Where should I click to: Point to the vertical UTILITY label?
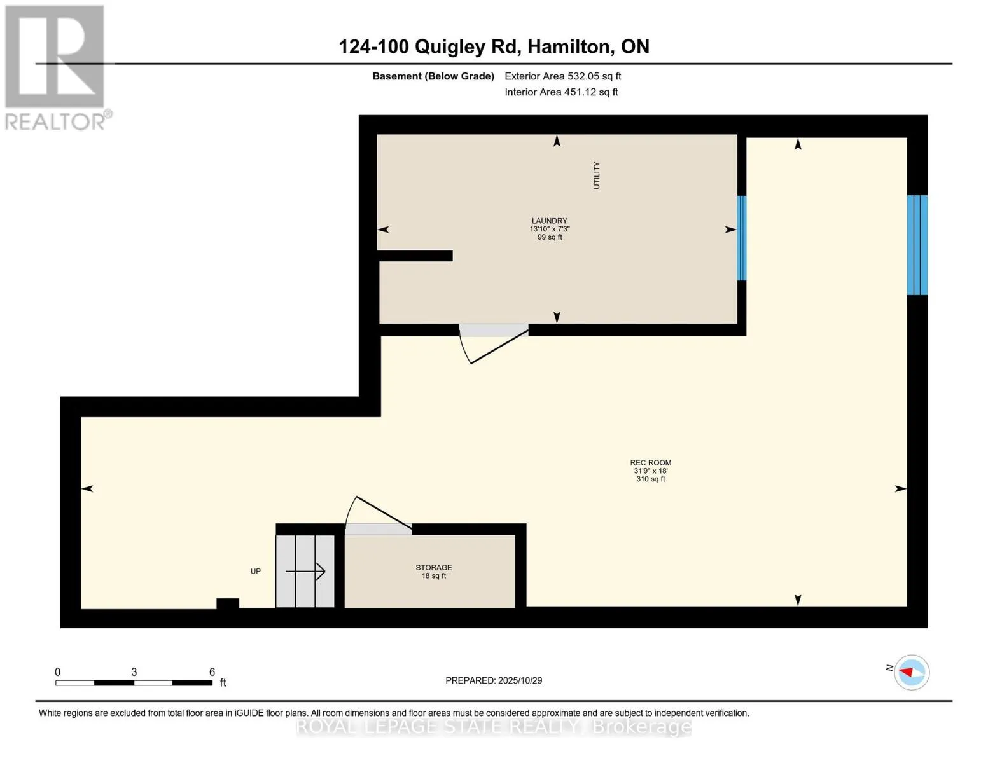pyautogui.click(x=596, y=175)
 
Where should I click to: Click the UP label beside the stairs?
pyautogui.click(x=255, y=571)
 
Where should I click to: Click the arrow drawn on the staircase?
pyautogui.click(x=306, y=572)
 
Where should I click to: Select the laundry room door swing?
pyautogui.click(x=493, y=347)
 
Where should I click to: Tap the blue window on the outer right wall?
pyautogui.click(x=917, y=245)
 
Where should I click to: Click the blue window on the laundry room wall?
pyautogui.click(x=741, y=238)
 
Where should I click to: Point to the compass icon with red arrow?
pyautogui.click(x=912, y=672)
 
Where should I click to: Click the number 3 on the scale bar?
pyautogui.click(x=134, y=672)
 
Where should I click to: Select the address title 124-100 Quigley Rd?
pyautogui.click(x=494, y=46)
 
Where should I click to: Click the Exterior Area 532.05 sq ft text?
pyautogui.click(x=562, y=76)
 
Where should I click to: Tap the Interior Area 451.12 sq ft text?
pyautogui.click(x=561, y=92)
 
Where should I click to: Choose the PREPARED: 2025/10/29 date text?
pyautogui.click(x=494, y=680)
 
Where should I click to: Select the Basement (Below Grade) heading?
pyautogui.click(x=433, y=76)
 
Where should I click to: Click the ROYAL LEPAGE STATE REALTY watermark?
pyautogui.click(x=494, y=727)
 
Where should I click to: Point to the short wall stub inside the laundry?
pyautogui.click(x=415, y=256)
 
